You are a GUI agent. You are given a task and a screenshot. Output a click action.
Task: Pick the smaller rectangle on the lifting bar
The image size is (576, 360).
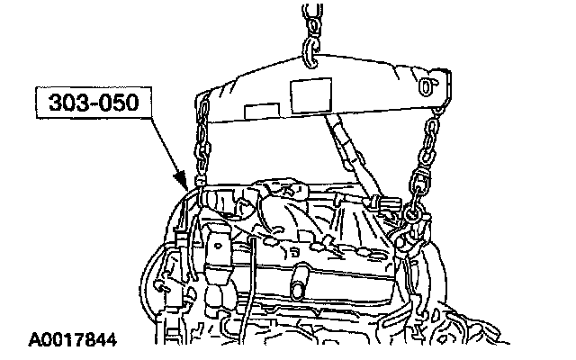point(262,112)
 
